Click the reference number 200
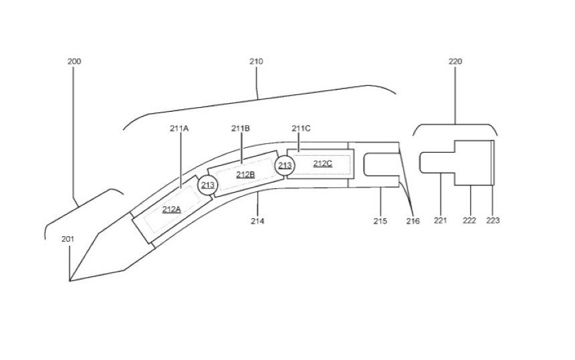(74, 62)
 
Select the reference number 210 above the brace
(256, 62)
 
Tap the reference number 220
(455, 62)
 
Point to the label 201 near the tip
(68, 240)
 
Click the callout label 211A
(179, 128)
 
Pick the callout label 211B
(241, 128)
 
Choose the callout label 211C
(301, 128)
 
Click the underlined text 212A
(172, 209)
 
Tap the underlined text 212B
(245, 175)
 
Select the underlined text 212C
(323, 164)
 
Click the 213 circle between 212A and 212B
(208, 185)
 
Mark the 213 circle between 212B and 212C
(285, 165)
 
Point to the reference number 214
(257, 221)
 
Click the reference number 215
(380, 221)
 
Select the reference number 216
(413, 221)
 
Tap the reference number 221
(441, 221)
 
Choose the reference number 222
(469, 221)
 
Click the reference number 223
(493, 221)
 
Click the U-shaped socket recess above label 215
(364, 165)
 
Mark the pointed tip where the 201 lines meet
(70, 281)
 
